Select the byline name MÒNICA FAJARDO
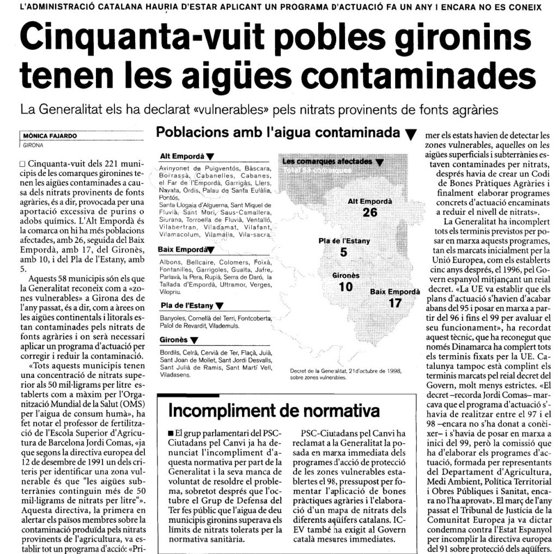pos(47,137)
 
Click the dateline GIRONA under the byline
pos(34,145)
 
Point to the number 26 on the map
pos(370,212)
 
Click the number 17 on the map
pos(395,303)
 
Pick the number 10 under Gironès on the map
pos(345,287)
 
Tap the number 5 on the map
pos(343,252)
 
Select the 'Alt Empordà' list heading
pos(182,156)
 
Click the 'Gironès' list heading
pos(174,340)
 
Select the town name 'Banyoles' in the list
pos(173,318)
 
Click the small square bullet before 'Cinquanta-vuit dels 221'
pos(22,164)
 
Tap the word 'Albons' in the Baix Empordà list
pos(171,263)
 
